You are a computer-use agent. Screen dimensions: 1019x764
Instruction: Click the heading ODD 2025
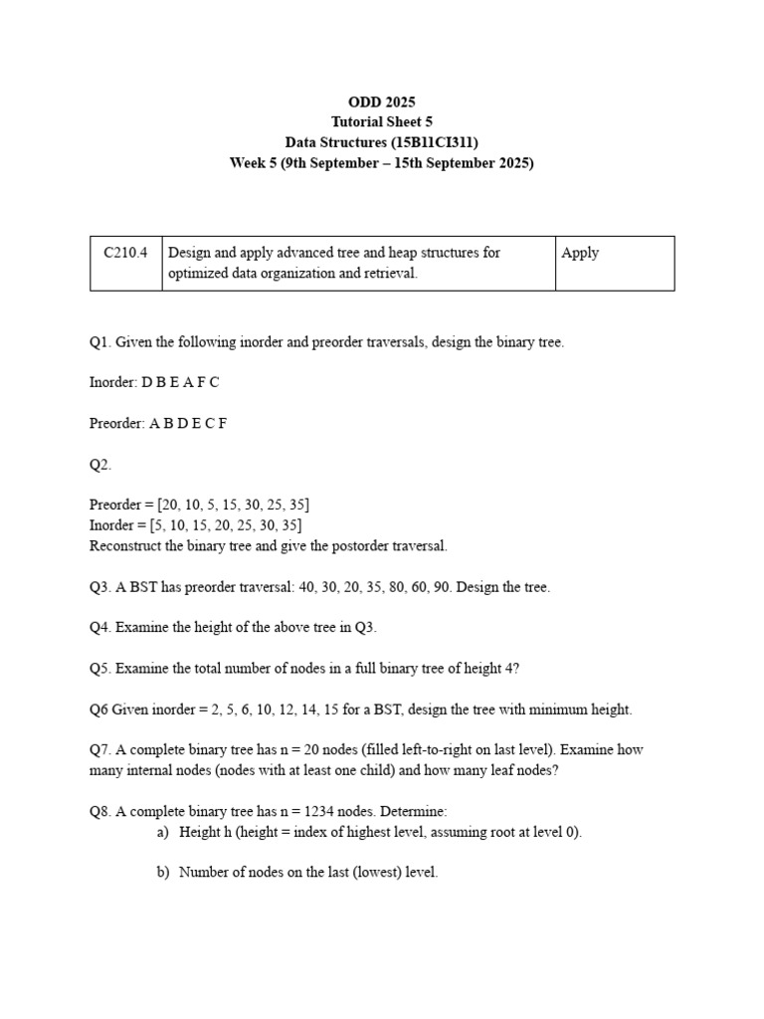pyautogui.click(x=382, y=102)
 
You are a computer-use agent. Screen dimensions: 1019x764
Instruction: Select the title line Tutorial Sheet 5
pyautogui.click(x=382, y=121)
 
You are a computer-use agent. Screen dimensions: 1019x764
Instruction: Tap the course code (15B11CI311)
pyautogui.click(x=436, y=142)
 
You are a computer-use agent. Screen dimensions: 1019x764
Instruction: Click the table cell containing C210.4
pyautogui.click(x=125, y=253)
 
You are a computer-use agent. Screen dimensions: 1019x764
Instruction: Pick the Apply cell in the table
pyautogui.click(x=580, y=253)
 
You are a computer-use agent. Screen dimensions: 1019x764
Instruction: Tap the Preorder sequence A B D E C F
pyautogui.click(x=188, y=424)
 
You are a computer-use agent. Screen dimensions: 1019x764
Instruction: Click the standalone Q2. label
pyautogui.click(x=100, y=465)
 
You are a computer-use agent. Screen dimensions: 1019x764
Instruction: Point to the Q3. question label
pyautogui.click(x=100, y=587)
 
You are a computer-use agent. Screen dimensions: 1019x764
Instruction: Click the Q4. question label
pyautogui.click(x=100, y=628)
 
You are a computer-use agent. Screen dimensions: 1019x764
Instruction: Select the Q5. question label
pyautogui.click(x=100, y=669)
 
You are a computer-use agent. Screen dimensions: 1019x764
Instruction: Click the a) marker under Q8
pyautogui.click(x=163, y=832)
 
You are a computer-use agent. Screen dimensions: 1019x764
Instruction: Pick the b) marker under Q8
pyautogui.click(x=163, y=873)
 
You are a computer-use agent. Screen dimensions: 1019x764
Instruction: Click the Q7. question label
pyautogui.click(x=100, y=750)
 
